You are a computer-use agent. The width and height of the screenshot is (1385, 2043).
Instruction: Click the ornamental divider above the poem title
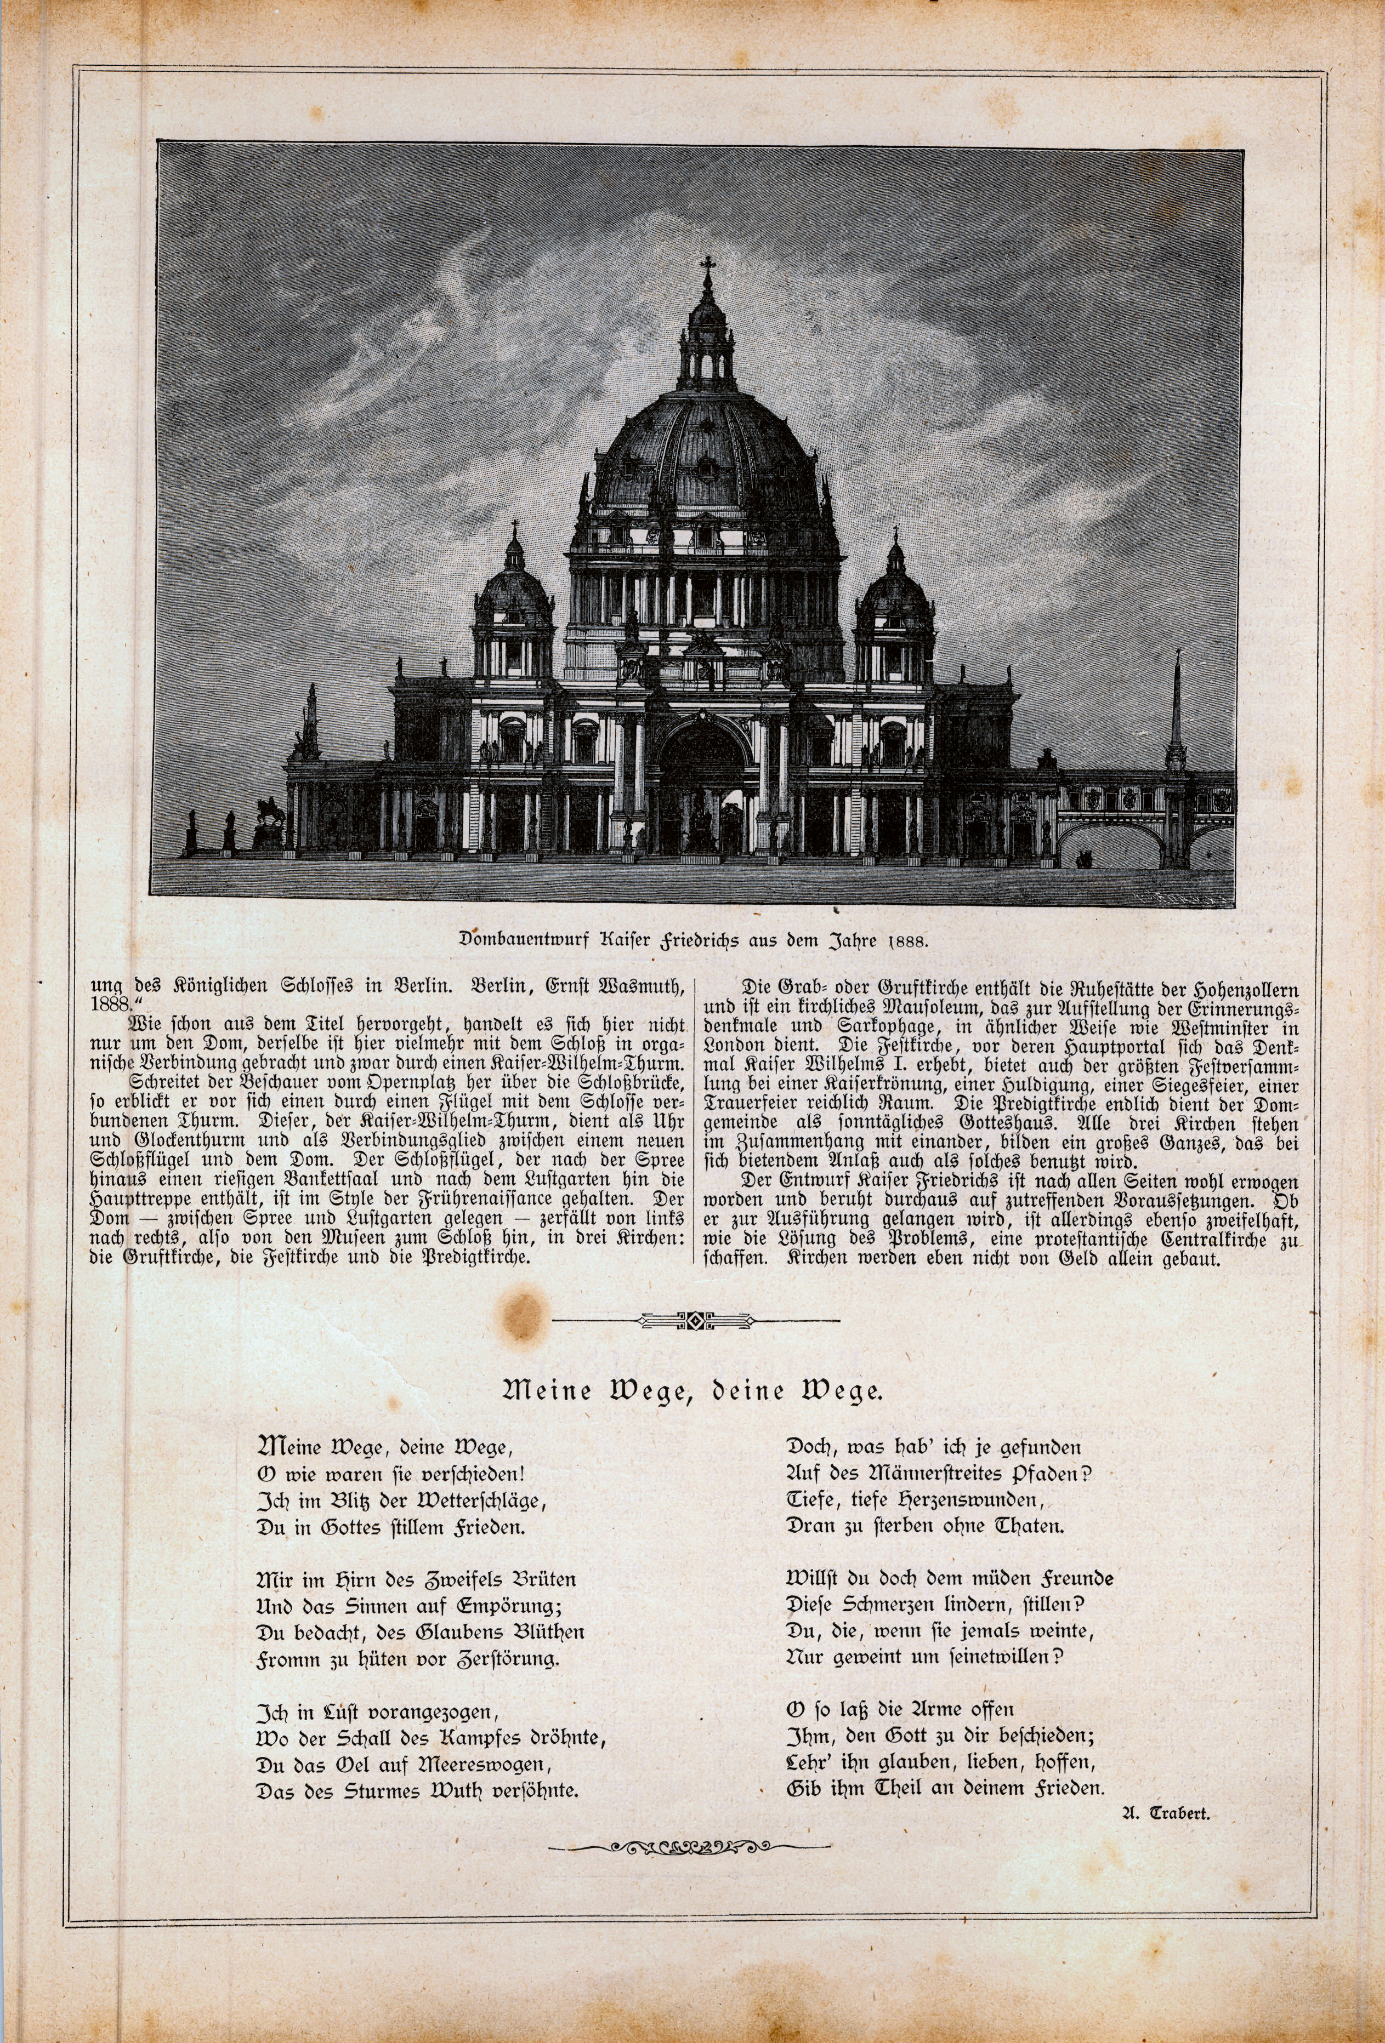click(x=695, y=1320)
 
